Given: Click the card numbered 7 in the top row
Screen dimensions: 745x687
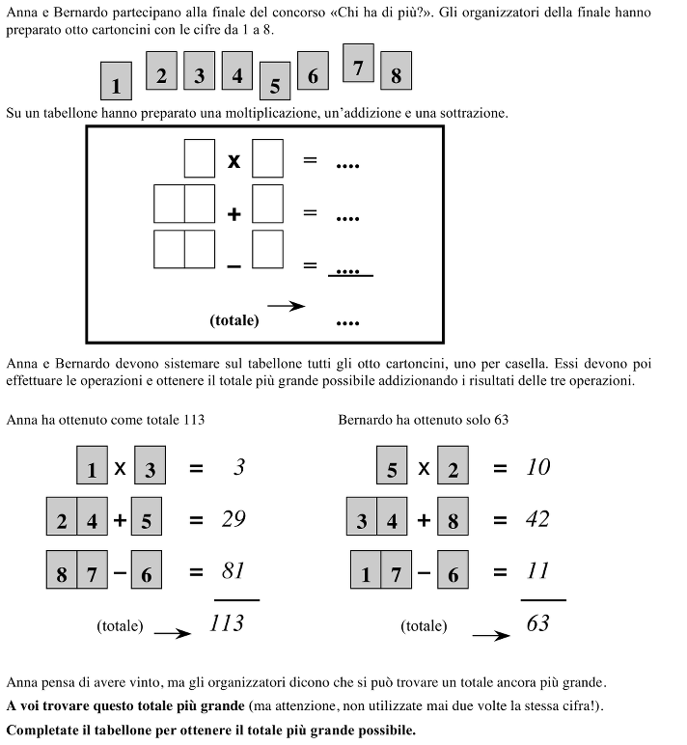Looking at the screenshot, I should (358, 65).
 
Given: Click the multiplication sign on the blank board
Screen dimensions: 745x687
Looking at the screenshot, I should (234, 161).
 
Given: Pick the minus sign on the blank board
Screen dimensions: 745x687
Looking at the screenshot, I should (234, 265).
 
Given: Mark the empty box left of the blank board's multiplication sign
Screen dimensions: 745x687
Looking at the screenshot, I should (199, 158).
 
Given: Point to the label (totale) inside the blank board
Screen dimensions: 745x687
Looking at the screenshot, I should (234, 319).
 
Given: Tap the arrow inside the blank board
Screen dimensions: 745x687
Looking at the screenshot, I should (286, 306).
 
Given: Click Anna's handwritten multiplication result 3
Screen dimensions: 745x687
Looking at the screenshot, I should (239, 467).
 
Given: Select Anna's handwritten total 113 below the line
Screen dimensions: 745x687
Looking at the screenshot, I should (227, 622).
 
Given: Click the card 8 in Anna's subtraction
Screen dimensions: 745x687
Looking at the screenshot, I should (61, 571).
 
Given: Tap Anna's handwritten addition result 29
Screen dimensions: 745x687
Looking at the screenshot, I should (233, 519).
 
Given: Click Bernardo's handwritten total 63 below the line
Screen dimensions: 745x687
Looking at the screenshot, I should (537, 622).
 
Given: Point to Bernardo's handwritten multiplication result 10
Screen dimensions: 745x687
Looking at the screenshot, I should (538, 467).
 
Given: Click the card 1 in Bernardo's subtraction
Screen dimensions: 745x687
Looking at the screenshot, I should (366, 571).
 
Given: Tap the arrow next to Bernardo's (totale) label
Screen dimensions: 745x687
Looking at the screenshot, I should (489, 635).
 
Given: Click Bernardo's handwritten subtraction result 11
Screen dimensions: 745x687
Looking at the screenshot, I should (537, 570).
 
